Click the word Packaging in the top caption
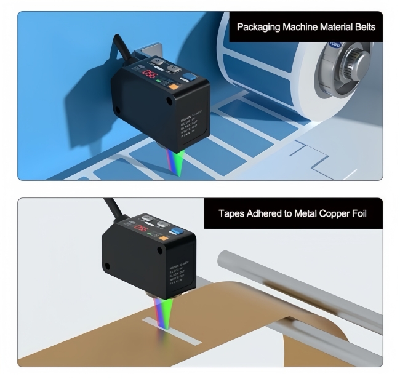pos(259,28)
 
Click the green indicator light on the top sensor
pos(158,81)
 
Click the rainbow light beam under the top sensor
pos(178,162)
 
